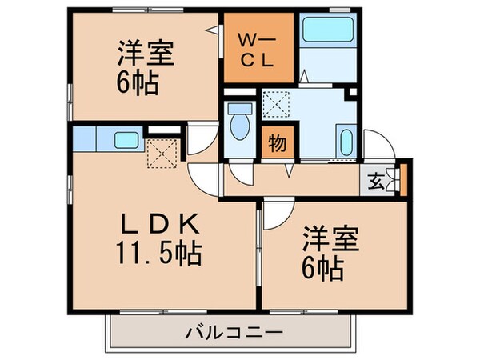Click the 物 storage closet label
click(x=276, y=144)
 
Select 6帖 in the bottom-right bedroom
click(x=323, y=267)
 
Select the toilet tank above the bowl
click(x=238, y=106)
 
